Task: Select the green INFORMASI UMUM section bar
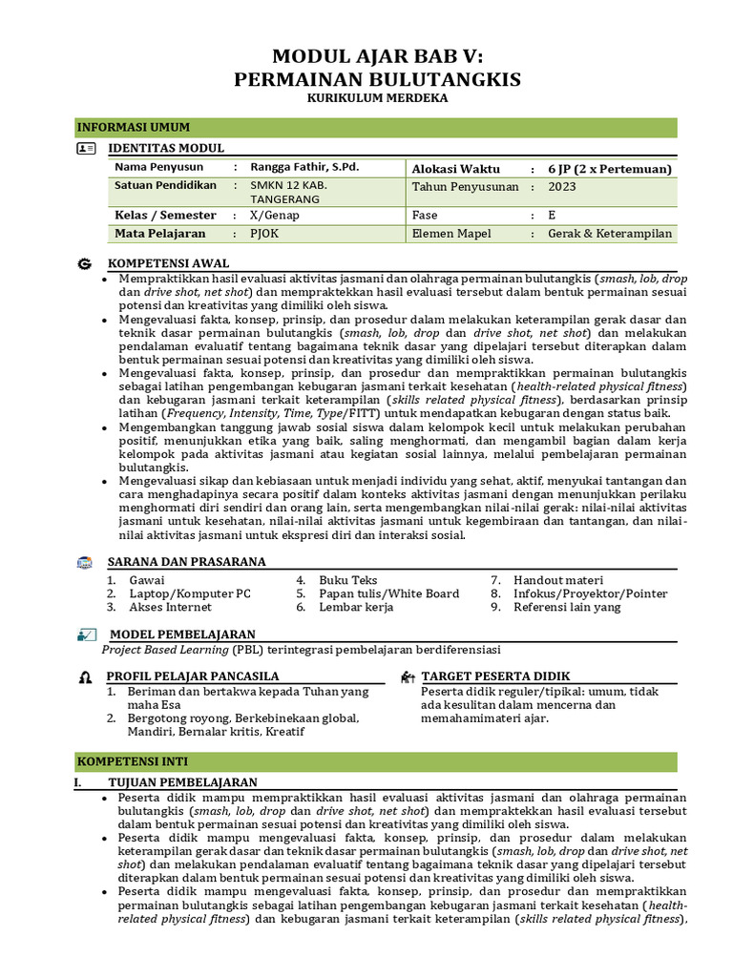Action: tap(376, 128)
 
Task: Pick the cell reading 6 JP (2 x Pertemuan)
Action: tap(609, 169)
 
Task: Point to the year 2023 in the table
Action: tap(562, 187)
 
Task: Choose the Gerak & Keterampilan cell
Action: tap(609, 234)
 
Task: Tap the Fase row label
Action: tap(425, 216)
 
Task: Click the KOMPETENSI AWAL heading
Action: tap(168, 262)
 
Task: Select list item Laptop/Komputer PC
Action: tap(190, 593)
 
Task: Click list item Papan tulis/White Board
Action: tap(388, 593)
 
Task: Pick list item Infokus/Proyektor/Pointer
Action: tap(590, 593)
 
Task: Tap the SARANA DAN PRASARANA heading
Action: tap(186, 562)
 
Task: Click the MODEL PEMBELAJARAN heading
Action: tap(182, 634)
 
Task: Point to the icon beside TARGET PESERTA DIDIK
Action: tap(408, 676)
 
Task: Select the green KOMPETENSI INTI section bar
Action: tap(376, 761)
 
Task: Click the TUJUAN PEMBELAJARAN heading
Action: tap(182, 782)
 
